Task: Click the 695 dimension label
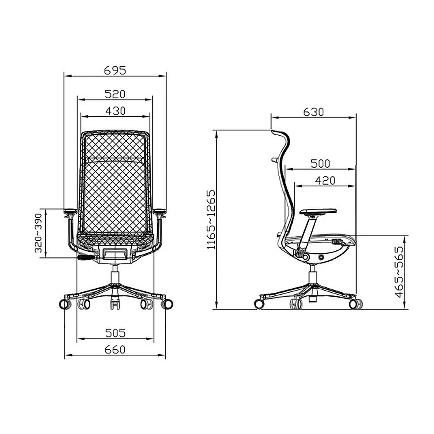(115, 71)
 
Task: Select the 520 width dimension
(115, 94)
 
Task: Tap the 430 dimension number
(115, 111)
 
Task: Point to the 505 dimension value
(115, 333)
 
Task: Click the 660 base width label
(115, 350)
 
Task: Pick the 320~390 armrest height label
(38, 233)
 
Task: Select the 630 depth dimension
(313, 112)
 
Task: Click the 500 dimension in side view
(320, 163)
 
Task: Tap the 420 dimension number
(325, 180)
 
